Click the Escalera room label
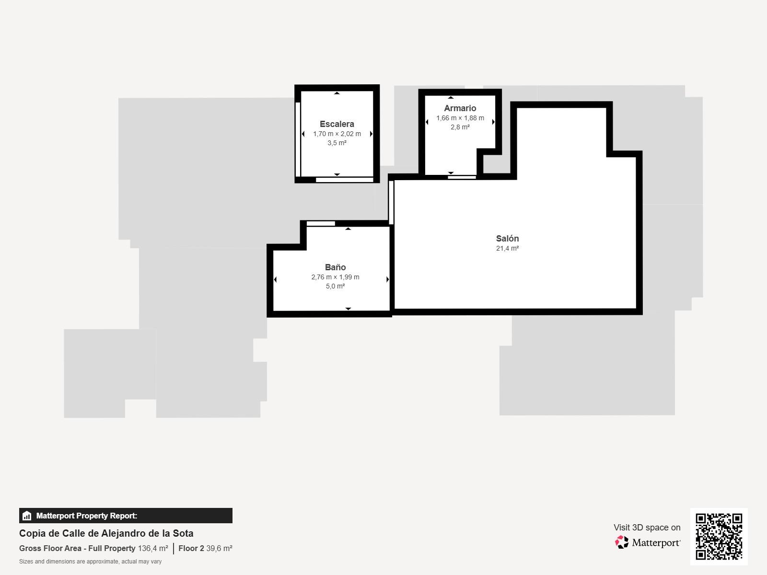click(x=337, y=124)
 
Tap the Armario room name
click(x=460, y=108)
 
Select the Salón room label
click(x=507, y=239)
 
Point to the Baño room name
click(x=335, y=267)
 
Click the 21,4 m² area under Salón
click(x=507, y=248)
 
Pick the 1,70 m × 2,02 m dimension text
click(x=337, y=134)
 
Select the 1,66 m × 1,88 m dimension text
click(x=460, y=118)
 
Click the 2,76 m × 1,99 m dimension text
click(x=335, y=277)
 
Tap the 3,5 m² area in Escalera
click(x=337, y=143)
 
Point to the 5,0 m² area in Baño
click(x=335, y=286)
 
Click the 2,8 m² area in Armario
click(x=460, y=127)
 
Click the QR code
click(x=719, y=537)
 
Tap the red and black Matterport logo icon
click(x=622, y=542)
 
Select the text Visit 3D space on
click(x=647, y=528)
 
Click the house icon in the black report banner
click(x=27, y=516)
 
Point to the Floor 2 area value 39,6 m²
click(x=219, y=548)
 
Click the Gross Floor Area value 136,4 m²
click(x=153, y=548)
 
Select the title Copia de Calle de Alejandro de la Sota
click(x=106, y=533)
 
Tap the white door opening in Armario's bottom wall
click(x=462, y=177)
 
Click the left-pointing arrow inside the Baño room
click(x=275, y=279)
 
